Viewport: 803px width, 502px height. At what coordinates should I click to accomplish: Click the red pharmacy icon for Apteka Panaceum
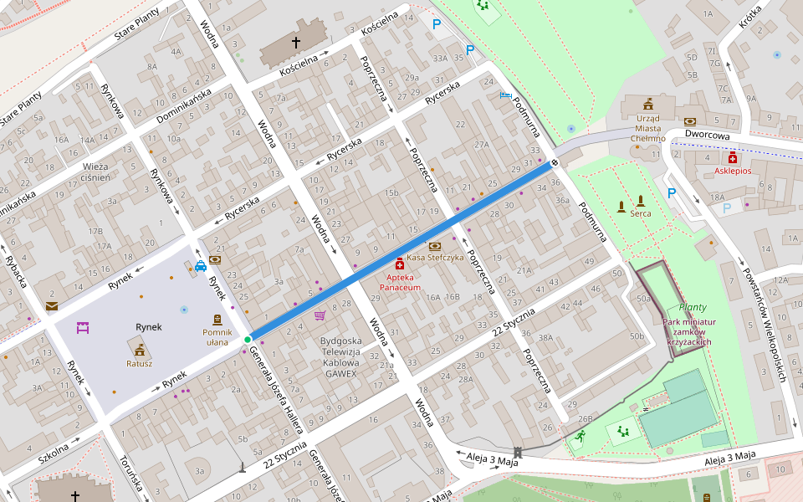pos(399,263)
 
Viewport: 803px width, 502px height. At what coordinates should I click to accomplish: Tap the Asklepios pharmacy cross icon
pos(733,157)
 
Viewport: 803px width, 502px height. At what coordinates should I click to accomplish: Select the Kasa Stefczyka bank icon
pos(434,246)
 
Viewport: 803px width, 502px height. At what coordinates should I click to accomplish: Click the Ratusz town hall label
pos(139,363)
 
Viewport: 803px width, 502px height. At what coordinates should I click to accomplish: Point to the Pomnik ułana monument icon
pos(217,320)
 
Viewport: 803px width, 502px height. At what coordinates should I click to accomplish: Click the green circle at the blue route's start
pos(248,339)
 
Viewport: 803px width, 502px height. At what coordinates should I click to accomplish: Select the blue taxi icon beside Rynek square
pos(201,267)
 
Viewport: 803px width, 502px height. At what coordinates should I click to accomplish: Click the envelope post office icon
pos(52,306)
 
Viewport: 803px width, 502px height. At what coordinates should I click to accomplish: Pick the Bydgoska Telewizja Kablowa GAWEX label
pos(341,357)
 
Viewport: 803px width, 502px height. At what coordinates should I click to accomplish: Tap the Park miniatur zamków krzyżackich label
pos(678,331)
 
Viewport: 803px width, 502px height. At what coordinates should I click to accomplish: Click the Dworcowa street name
pos(707,134)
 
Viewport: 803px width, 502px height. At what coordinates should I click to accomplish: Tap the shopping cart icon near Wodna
pos(320,315)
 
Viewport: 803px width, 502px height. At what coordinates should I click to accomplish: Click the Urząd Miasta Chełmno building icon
pos(647,104)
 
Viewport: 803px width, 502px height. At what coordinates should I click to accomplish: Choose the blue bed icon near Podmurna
pos(504,95)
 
